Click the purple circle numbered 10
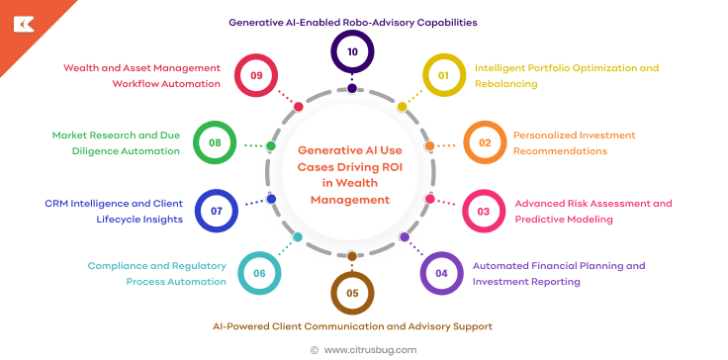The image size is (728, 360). [352, 52]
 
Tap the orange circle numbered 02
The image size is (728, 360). [485, 142]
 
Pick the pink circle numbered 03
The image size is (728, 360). [484, 211]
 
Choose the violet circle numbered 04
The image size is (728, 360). [441, 274]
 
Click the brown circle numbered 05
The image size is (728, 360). [352, 294]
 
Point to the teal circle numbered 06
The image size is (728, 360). [258, 274]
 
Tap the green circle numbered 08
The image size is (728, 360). [214, 142]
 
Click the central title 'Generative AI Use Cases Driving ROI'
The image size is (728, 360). [351, 174]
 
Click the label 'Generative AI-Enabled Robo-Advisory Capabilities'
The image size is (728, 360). [352, 21]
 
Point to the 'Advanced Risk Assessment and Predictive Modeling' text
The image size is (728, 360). [592, 211]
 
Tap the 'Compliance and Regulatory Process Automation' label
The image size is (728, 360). [156, 274]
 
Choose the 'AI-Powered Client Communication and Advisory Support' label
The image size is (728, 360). [352, 325]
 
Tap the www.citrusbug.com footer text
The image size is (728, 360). [370, 349]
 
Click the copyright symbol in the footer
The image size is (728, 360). [315, 349]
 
